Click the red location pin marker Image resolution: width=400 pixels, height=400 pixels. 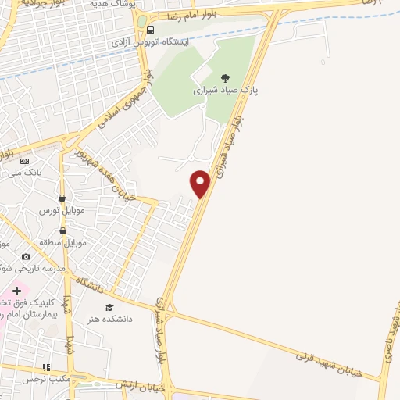pyautogui.click(x=201, y=184)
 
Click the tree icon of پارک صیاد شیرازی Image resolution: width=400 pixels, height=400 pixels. pyautogui.click(x=226, y=77)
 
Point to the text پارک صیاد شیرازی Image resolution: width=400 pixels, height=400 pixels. pyautogui.click(x=226, y=91)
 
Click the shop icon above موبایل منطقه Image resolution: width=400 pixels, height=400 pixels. pyautogui.click(x=62, y=230)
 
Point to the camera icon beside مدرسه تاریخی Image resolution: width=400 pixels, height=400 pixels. pyautogui.click(x=26, y=256)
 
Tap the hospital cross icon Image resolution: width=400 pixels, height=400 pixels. pyautogui.click(x=16, y=291)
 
